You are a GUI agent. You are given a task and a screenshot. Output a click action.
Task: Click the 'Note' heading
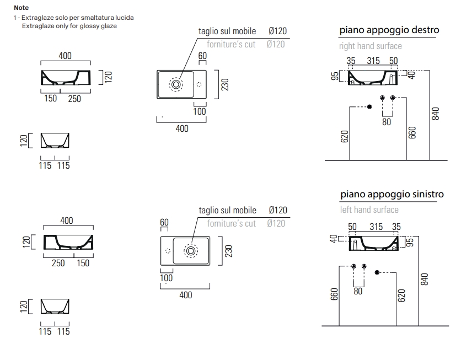coord(22,8)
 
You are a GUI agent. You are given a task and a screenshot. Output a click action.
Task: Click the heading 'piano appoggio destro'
coord(389,30)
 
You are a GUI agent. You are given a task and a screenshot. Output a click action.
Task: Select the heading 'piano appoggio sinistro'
coord(392,194)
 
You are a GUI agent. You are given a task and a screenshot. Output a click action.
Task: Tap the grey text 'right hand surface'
coord(370,46)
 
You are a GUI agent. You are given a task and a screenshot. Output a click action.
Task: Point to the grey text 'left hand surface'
coord(369,209)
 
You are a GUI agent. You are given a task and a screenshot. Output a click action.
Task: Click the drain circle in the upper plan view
coord(176,84)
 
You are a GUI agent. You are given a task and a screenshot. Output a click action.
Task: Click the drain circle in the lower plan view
coord(191,251)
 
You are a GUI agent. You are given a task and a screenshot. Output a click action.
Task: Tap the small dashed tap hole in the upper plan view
coord(199,84)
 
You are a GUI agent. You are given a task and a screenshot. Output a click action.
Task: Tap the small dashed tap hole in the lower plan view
coord(168,251)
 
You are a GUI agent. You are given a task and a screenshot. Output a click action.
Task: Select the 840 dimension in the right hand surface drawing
coord(435,114)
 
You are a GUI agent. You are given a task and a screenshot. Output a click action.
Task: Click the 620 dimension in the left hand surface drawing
coord(401,295)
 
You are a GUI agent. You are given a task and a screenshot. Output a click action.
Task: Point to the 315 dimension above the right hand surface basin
coord(373,61)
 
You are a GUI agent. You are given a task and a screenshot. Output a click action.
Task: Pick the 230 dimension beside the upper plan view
coord(225,84)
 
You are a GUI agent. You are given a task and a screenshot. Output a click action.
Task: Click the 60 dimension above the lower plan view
coord(164,222)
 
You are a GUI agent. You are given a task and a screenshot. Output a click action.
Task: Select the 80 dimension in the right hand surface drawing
coord(387,122)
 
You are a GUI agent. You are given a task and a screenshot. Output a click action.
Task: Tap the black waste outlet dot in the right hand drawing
coord(369,107)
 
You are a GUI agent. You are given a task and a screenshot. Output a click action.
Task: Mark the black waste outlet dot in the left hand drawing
coord(377,272)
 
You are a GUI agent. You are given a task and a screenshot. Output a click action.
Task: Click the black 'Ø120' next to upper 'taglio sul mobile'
coord(277,31)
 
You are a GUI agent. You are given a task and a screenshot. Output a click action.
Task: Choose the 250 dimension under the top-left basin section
coord(74,99)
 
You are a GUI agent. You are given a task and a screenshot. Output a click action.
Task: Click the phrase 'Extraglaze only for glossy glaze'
coord(69,26)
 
